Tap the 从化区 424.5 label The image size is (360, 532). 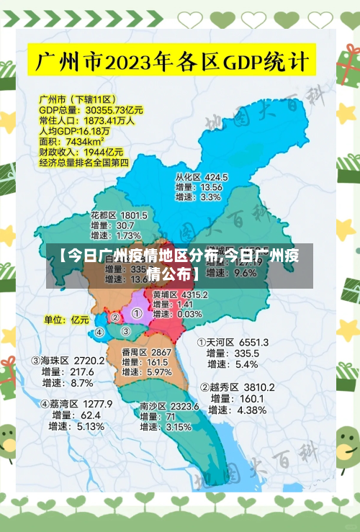[202, 176]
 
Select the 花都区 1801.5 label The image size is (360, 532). [119, 215]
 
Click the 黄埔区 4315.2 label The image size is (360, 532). [180, 294]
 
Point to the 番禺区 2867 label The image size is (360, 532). [146, 352]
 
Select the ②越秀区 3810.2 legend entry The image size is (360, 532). [237, 387]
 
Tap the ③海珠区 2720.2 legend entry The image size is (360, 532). [67, 360]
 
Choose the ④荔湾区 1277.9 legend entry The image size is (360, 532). [76, 404]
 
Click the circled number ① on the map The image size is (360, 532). [137, 313]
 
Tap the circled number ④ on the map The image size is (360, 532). [99, 333]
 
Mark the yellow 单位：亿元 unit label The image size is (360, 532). [66, 319]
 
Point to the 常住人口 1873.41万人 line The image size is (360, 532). [86, 121]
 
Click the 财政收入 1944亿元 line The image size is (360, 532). [81, 153]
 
